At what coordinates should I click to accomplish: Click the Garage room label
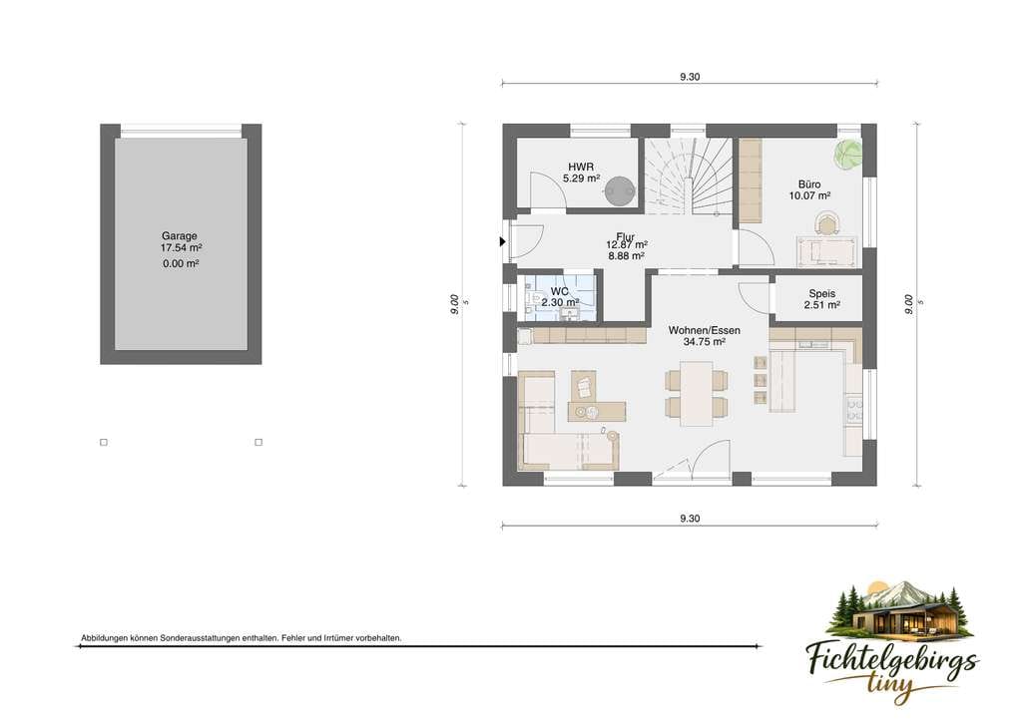tap(180, 236)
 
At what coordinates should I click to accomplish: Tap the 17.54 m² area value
tap(182, 248)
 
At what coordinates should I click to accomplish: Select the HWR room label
tap(581, 168)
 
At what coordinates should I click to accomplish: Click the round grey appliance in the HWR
tap(620, 190)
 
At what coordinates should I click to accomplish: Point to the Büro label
tap(809, 184)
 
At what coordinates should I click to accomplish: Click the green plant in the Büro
tap(847, 156)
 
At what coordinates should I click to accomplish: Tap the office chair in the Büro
tap(827, 224)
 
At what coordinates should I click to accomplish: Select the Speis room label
tap(822, 293)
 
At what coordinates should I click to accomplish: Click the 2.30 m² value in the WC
tap(560, 302)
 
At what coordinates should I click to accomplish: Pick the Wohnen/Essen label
tap(704, 331)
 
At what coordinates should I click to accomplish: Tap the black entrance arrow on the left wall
tap(503, 241)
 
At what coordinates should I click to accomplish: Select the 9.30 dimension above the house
tap(690, 77)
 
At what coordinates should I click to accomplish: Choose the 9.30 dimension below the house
tap(690, 519)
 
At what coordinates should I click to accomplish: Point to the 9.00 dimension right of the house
tap(908, 304)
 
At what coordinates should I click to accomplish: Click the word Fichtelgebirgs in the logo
tap(892, 660)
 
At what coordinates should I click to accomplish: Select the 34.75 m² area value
tap(704, 342)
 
